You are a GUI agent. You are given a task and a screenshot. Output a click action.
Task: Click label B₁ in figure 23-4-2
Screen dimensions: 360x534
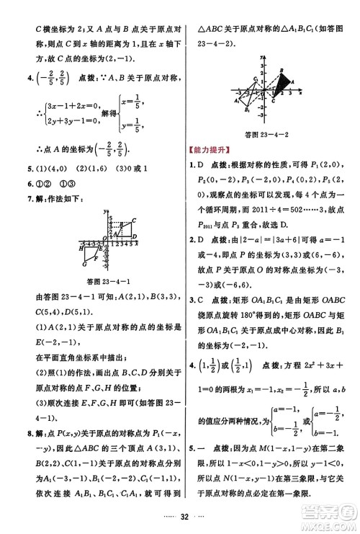click(247, 110)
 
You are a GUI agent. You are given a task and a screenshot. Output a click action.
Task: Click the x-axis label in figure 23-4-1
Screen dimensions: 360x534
click(137, 244)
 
